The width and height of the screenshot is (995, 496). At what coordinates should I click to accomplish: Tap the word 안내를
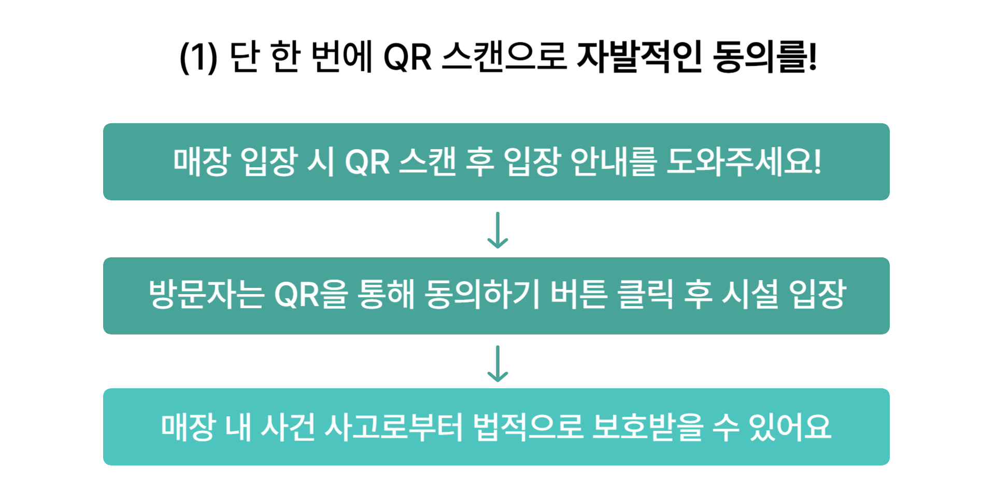(613, 162)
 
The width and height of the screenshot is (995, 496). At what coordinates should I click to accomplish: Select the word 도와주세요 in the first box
(738, 162)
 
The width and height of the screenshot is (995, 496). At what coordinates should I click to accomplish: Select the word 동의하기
(482, 295)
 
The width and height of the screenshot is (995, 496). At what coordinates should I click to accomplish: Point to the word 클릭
(645, 295)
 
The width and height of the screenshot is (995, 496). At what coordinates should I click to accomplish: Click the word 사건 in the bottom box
(288, 427)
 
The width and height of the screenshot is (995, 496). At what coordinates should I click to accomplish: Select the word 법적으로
(528, 427)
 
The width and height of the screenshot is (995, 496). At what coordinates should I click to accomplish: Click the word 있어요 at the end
(790, 427)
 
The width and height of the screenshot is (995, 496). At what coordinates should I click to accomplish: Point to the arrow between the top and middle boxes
(497, 230)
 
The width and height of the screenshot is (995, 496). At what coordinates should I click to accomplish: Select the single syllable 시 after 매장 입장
(321, 162)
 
